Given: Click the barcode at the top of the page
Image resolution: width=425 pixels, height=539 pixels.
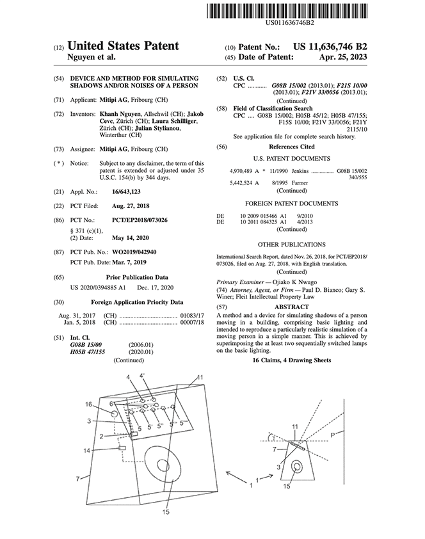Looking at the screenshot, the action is pyautogui.click(x=287, y=10).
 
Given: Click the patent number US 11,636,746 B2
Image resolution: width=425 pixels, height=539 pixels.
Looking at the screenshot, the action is pyautogui.click(x=330, y=47).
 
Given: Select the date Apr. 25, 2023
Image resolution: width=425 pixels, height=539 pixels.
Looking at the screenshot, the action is pyautogui.click(x=343, y=57).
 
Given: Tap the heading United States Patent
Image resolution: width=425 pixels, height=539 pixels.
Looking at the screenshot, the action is pyautogui.click(x=123, y=45).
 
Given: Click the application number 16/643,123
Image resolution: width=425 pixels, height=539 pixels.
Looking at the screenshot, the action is pyautogui.click(x=126, y=191).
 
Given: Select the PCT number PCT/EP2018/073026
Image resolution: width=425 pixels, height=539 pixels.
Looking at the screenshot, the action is pyautogui.click(x=140, y=220).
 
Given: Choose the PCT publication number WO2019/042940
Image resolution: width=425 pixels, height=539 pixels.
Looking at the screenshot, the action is pyautogui.click(x=134, y=252).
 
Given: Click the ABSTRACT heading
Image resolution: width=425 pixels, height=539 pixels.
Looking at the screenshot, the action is pyautogui.click(x=292, y=307).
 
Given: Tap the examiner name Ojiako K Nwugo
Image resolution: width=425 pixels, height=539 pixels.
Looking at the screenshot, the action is pyautogui.click(x=295, y=282).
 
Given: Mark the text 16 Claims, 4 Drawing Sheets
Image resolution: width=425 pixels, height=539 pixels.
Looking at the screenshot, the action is pyautogui.click(x=292, y=360).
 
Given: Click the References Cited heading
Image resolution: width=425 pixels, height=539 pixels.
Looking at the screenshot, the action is pyautogui.click(x=292, y=147).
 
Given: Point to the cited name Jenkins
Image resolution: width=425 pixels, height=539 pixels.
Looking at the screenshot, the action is pyautogui.click(x=300, y=171).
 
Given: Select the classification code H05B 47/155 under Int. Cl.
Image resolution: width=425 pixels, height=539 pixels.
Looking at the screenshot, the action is pyautogui.click(x=88, y=352).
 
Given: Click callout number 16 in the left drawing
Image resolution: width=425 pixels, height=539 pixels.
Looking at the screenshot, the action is pyautogui.click(x=88, y=405).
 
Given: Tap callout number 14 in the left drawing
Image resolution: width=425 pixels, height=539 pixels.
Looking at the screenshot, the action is pyautogui.click(x=86, y=450).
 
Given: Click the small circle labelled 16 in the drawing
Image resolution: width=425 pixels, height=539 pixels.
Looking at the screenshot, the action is pyautogui.click(x=114, y=414).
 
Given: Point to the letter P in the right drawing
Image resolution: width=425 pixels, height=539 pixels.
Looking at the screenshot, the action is pyautogui.click(x=332, y=435).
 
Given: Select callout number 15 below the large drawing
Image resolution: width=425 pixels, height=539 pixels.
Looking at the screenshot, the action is pyautogui.click(x=166, y=512).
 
